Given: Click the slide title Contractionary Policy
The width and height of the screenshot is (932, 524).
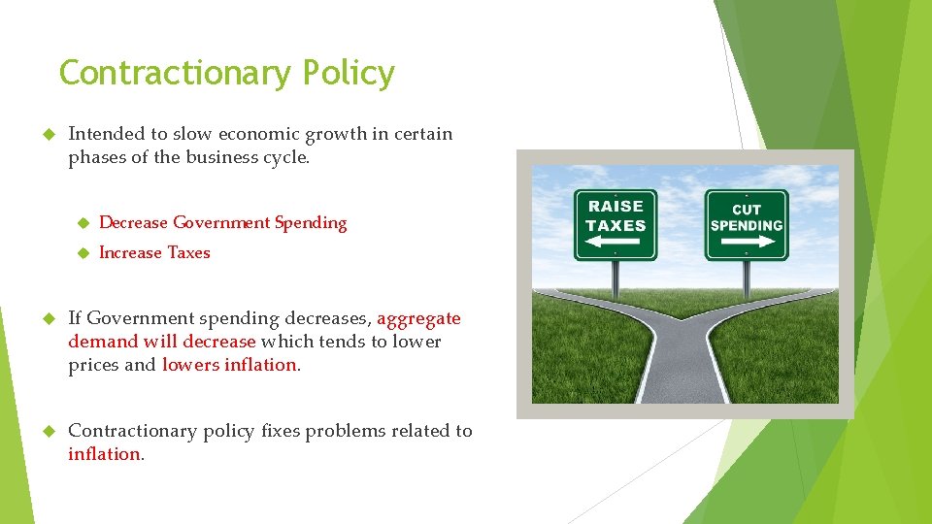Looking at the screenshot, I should tap(226, 73).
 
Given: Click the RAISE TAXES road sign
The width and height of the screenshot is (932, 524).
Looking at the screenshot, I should tap(616, 224).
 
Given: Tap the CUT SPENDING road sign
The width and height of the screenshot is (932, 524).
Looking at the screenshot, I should tap(746, 224).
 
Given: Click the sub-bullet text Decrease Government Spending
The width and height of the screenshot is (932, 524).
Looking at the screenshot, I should tap(222, 223).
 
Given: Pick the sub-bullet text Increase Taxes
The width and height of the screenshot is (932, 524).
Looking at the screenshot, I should tap(154, 253).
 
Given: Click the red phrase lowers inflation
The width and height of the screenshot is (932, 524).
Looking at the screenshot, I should tap(229, 365).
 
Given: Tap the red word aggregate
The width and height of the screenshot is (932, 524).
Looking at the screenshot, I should tap(418, 318).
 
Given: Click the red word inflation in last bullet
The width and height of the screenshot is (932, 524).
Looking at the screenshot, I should tap(104, 454).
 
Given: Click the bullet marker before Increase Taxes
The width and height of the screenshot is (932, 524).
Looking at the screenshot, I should tap(83, 253).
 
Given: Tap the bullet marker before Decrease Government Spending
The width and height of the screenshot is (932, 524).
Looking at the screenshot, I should tap(83, 223).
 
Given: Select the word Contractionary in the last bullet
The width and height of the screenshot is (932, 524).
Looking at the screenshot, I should tap(130, 431).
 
